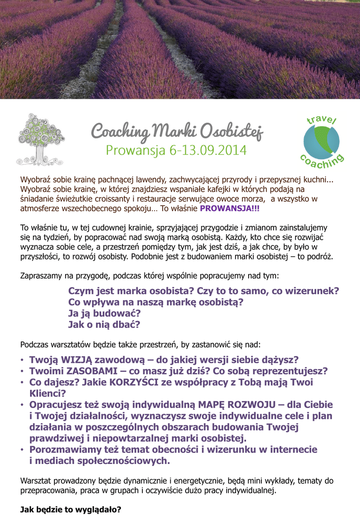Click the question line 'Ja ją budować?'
click(x=104, y=313)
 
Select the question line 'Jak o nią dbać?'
click(x=104, y=324)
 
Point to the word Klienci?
click(x=48, y=393)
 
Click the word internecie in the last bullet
click(x=291, y=449)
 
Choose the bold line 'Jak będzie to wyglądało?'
click(x=71, y=509)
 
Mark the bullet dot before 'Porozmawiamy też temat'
click(x=22, y=450)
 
